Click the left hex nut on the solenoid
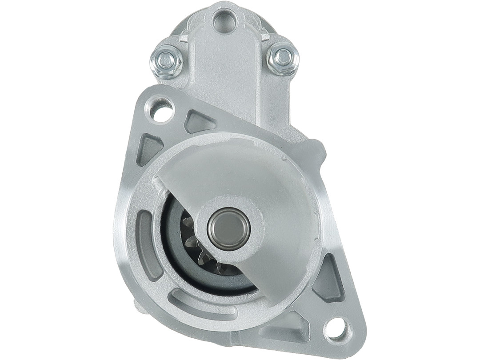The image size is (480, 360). coord(166,61)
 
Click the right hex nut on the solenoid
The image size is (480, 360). coord(283,58)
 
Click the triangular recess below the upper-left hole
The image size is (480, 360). coord(148,149)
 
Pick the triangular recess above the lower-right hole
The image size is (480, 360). coord(330,279)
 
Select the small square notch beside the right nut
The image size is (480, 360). coord(265,38)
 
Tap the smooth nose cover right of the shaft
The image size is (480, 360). coord(284,222)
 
